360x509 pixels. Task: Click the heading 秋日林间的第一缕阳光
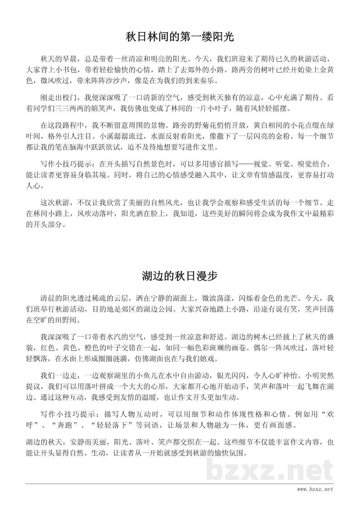(180, 37)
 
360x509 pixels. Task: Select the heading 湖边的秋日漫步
(180, 276)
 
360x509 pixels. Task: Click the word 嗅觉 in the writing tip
(301, 165)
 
